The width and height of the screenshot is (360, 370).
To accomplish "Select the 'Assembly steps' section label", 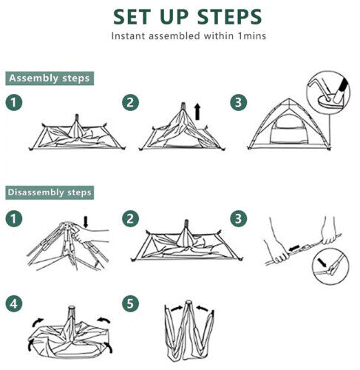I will (x=49, y=78).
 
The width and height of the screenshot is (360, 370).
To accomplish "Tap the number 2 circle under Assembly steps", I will (x=130, y=103).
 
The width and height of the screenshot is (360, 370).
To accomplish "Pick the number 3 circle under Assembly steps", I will (x=238, y=103).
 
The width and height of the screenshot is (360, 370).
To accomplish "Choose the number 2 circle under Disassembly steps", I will (x=130, y=219).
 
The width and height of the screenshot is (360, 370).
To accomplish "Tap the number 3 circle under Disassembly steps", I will (x=238, y=219).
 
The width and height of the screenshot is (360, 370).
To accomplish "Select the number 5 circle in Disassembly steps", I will (x=130, y=303).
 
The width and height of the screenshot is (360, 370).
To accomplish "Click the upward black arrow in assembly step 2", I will (x=197, y=112).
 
